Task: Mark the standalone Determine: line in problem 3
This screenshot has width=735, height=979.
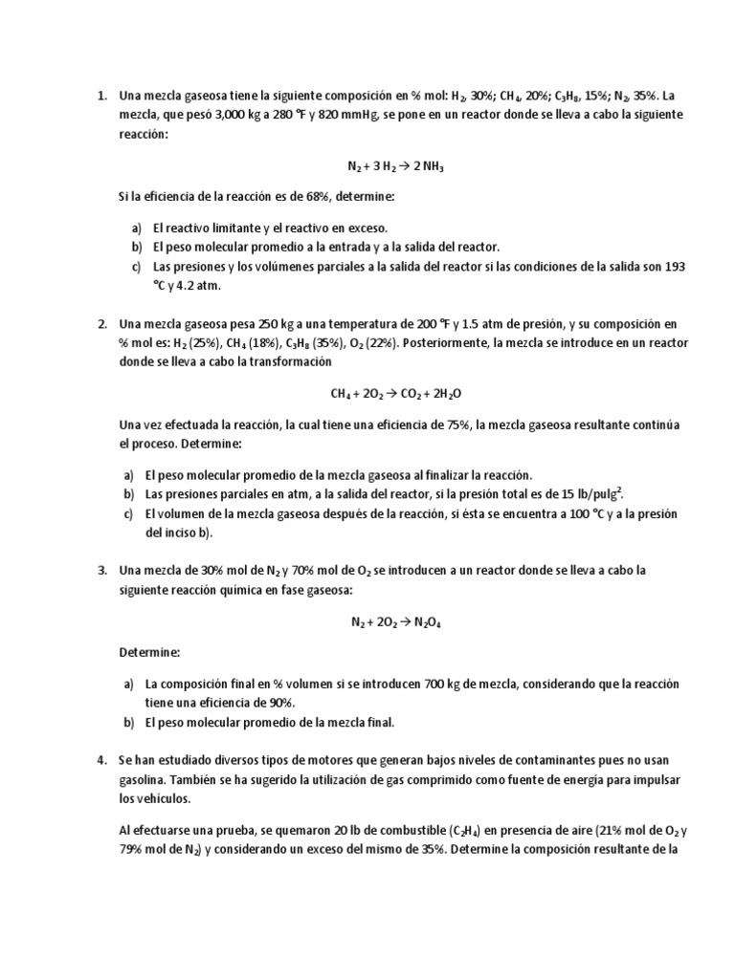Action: click(x=148, y=652)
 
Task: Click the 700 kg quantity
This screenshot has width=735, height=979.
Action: click(x=441, y=685)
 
